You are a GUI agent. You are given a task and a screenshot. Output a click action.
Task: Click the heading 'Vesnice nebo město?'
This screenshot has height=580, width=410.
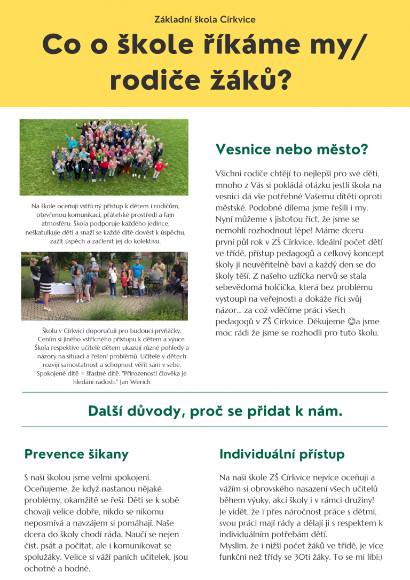pos(291,150)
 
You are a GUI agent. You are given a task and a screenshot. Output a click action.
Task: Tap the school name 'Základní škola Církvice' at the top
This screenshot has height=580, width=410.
pos(205,20)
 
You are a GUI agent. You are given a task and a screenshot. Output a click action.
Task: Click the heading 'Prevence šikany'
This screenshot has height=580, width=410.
pos(76,454)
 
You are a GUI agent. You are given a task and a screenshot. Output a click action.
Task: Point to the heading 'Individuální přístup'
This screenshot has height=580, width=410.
pos(282,454)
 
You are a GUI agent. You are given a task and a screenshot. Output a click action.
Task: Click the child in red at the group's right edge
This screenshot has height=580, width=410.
pos(158,168)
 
